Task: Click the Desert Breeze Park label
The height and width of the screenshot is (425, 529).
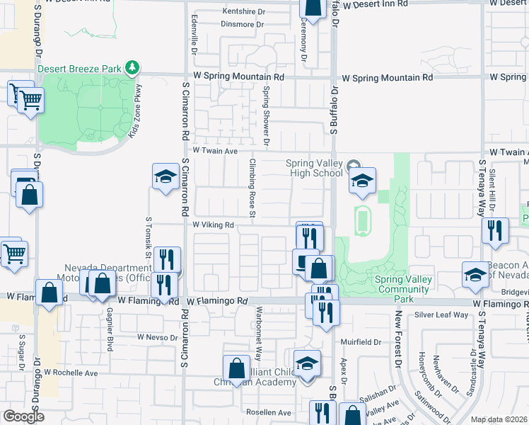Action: pyautogui.click(x=79, y=69)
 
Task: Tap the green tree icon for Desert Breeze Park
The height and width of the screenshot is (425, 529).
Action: pyautogui.click(x=132, y=68)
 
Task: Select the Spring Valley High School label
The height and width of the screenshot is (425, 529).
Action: pyautogui.click(x=314, y=168)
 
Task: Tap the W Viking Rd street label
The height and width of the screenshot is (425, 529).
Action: pyautogui.click(x=213, y=225)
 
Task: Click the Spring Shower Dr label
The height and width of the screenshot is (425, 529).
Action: pyautogui.click(x=267, y=116)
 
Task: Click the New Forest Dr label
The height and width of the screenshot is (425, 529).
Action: pyautogui.click(x=398, y=337)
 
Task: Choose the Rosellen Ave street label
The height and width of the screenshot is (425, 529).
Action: pyautogui.click(x=268, y=412)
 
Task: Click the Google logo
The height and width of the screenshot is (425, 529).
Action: pyautogui.click(x=23, y=416)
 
